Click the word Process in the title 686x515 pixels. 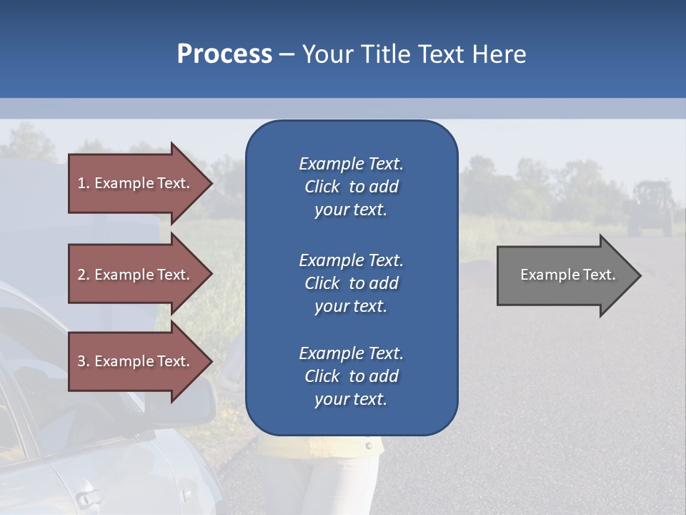pyautogui.click(x=224, y=54)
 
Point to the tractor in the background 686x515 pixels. pyautogui.click(x=650, y=208)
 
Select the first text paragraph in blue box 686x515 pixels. pyautogui.click(x=351, y=187)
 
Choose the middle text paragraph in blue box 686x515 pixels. pyautogui.click(x=351, y=283)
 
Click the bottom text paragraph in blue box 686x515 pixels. pyautogui.click(x=351, y=376)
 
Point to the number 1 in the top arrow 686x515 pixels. pyautogui.click(x=81, y=183)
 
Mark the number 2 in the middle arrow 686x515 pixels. pyautogui.click(x=81, y=275)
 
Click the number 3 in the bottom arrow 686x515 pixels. pyautogui.click(x=81, y=361)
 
